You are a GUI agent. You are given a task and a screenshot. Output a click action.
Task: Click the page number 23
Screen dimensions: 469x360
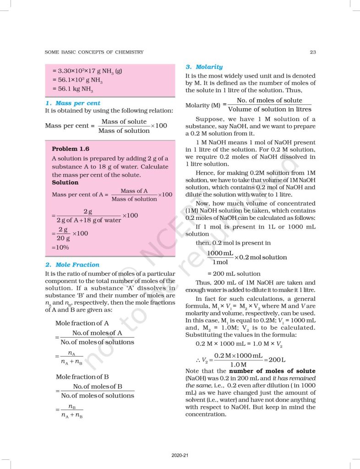(313, 52)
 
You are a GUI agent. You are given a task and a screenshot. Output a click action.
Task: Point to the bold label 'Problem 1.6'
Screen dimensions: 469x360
(71, 149)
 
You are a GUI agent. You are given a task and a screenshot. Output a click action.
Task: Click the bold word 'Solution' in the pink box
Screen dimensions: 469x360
(65, 182)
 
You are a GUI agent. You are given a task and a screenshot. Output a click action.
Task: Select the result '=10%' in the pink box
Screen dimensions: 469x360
(60, 247)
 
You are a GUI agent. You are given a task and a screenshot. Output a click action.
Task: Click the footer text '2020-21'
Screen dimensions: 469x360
(180, 455)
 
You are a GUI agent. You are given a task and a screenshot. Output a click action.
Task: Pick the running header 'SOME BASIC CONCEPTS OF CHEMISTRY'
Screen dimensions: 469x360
(94, 52)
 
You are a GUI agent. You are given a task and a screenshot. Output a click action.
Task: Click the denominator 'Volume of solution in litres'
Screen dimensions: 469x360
(269, 109)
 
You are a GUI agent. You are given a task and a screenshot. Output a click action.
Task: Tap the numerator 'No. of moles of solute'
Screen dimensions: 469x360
(269, 100)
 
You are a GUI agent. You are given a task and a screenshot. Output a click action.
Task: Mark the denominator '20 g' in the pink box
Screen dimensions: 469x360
(63, 238)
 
